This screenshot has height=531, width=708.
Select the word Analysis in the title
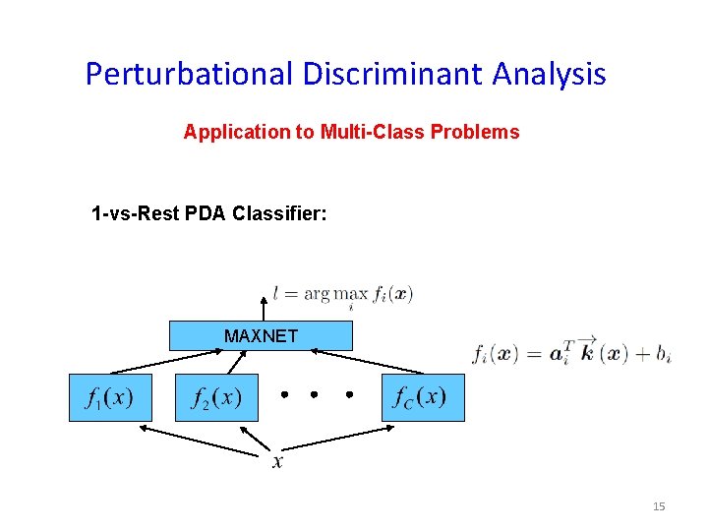[552, 74]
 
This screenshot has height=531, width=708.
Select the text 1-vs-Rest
[132, 213]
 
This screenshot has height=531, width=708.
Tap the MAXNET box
[261, 336]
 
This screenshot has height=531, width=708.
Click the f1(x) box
[109, 398]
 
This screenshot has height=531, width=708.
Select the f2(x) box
[216, 398]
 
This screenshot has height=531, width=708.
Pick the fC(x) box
[422, 398]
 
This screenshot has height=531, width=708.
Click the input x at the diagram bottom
[278, 462]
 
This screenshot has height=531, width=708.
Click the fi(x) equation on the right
[571, 353]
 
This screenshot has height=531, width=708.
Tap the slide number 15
[659, 506]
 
